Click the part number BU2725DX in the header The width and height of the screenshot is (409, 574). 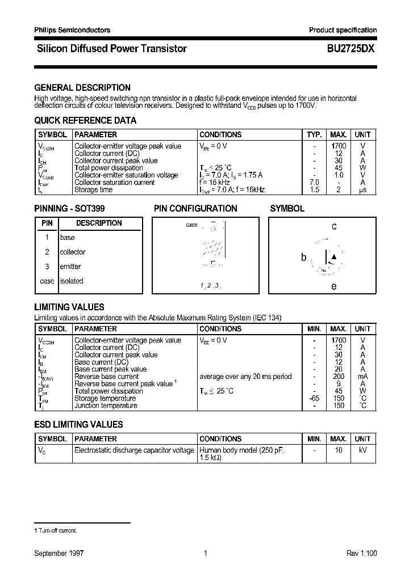[x=350, y=49]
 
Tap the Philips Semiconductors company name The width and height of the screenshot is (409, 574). [x=72, y=30]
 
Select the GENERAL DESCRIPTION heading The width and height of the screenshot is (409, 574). [x=82, y=87]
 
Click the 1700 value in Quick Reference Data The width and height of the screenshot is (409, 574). [x=339, y=146]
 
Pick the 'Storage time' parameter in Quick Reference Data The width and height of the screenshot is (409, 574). [x=94, y=190]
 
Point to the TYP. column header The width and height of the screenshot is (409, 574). [x=314, y=134]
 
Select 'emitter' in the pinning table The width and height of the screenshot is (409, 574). [x=70, y=267]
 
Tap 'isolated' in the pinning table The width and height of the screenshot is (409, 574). [x=72, y=281]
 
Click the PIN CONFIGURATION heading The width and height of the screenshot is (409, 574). [x=195, y=208]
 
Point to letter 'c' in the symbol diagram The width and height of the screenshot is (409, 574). [x=334, y=226]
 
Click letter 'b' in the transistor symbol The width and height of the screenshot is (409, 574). [x=303, y=258]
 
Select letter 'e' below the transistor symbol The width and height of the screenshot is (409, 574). [x=334, y=286]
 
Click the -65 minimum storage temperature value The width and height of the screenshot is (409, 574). [x=314, y=399]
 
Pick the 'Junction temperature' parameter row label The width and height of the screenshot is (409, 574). [x=106, y=406]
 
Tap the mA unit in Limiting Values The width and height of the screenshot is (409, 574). [x=362, y=377]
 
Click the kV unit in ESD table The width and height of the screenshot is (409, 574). [x=362, y=450]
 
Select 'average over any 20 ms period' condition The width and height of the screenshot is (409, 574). [x=245, y=377]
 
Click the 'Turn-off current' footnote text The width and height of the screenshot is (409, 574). [x=57, y=530]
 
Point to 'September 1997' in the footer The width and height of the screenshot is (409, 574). [x=59, y=553]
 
